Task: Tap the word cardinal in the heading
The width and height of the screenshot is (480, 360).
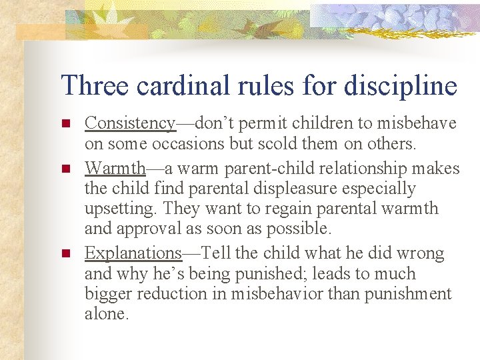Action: click(177, 86)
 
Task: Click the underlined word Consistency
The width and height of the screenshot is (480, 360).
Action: click(130, 123)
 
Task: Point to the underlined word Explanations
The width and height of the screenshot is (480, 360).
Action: click(133, 253)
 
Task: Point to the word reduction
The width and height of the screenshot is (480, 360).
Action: click(174, 295)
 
